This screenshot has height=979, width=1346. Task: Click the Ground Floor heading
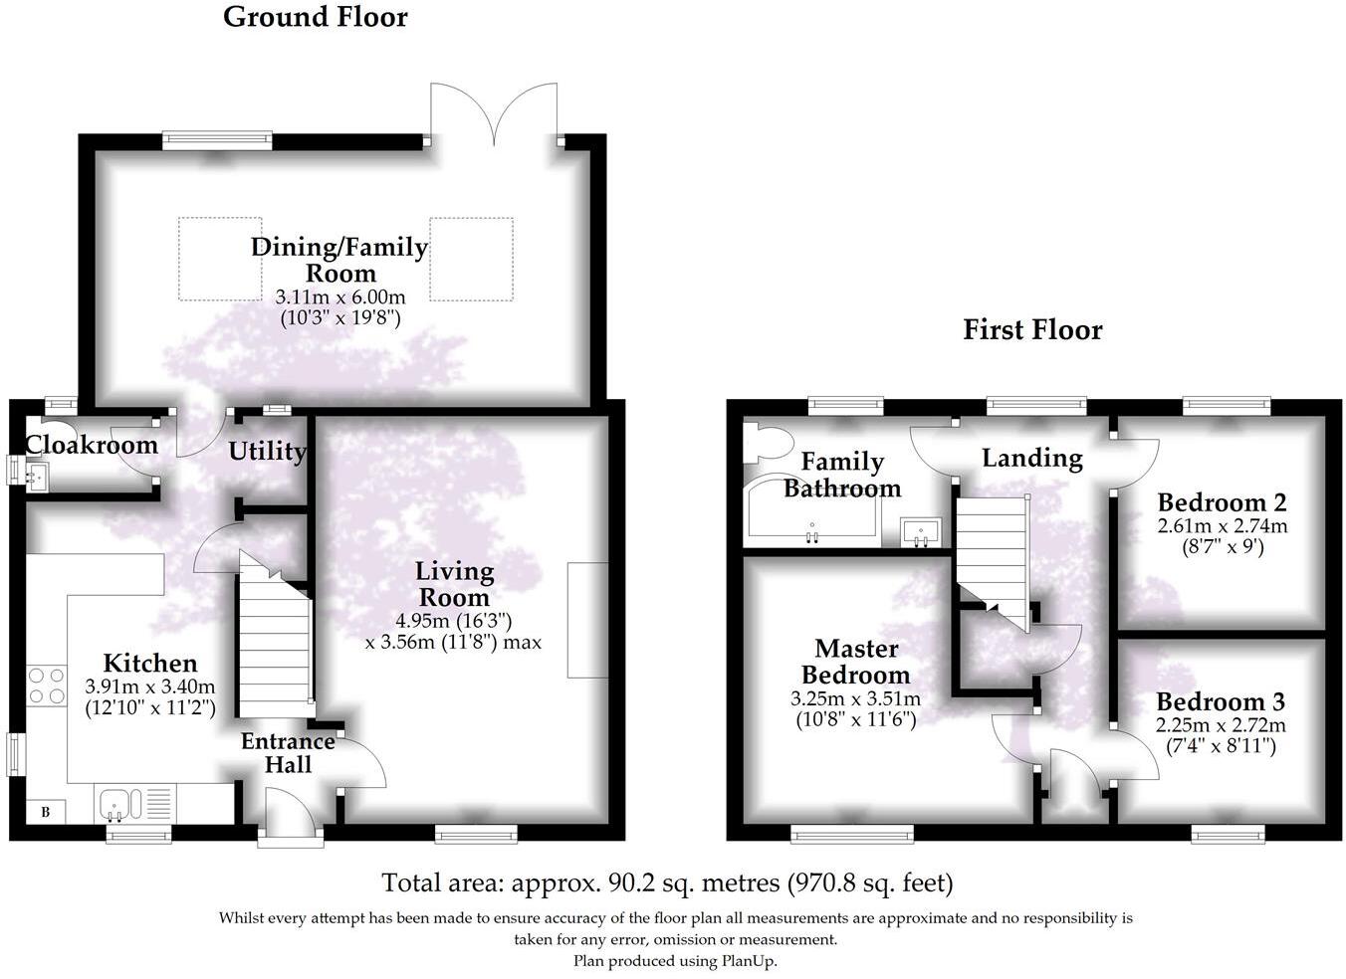[316, 18]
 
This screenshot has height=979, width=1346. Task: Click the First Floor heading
[1033, 330]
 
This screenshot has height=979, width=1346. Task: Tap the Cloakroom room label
[92, 445]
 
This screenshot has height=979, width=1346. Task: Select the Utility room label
[268, 451]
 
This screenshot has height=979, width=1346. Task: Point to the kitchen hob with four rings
[47, 685]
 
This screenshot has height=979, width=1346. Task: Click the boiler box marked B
[45, 813]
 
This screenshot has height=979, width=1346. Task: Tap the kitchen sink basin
[113, 804]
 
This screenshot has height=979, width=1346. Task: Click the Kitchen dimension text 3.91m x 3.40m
[150, 686]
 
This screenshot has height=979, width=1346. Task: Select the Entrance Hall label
[288, 753]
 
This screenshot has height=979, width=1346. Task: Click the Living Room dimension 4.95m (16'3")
[454, 621]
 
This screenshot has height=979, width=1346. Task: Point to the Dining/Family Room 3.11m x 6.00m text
[340, 296]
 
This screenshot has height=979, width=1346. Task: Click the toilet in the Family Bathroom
[765, 444]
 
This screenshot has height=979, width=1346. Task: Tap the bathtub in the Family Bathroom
[811, 505]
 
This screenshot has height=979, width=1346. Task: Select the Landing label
[1032, 459]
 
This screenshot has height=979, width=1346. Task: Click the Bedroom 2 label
[1223, 502]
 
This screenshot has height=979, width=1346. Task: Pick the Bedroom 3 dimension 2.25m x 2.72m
[1221, 725]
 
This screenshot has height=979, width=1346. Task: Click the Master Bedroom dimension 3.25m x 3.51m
[855, 699]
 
